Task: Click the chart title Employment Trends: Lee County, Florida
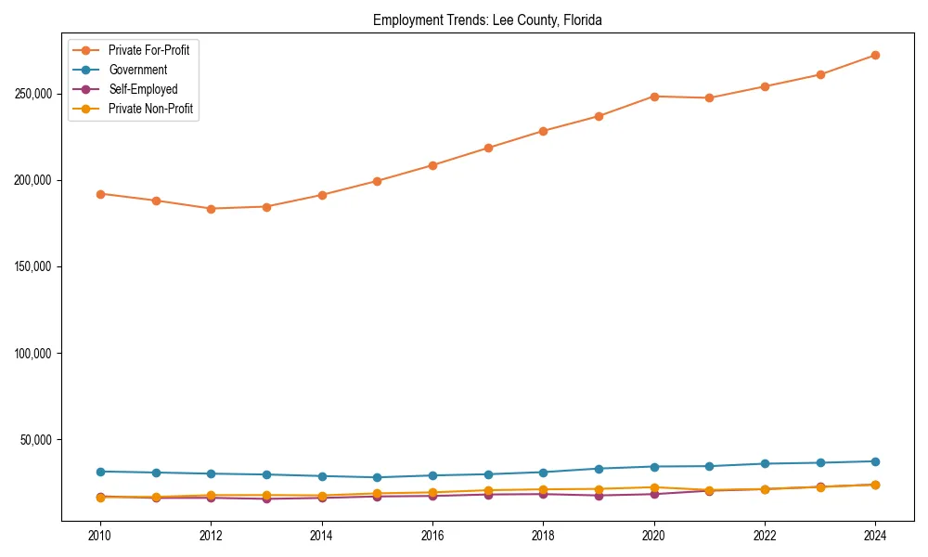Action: [487, 19]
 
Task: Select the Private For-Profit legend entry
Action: [154, 50]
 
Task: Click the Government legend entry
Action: [137, 70]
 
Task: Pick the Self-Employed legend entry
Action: [142, 89]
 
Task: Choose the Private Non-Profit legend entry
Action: [150, 109]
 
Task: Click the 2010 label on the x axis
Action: [100, 536]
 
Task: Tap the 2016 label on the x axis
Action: [432, 536]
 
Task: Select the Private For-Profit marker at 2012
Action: [211, 209]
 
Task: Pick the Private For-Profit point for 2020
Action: [654, 97]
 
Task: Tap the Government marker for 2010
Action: [100, 472]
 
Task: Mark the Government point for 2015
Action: [377, 477]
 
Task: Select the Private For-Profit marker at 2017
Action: [488, 148]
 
